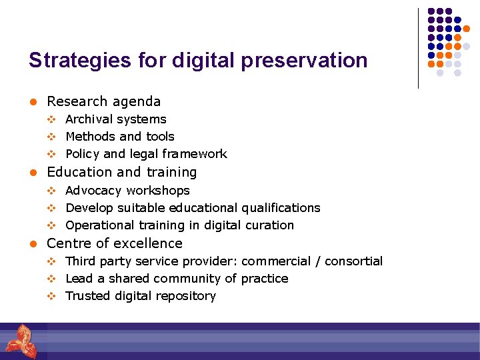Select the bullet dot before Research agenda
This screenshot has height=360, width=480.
coord(31,102)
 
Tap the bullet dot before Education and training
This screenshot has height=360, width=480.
coord(31,173)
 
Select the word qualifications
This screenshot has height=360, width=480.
coord(281,208)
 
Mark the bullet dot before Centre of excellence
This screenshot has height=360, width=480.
coord(31,244)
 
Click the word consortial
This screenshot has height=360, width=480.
coord(353,261)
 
